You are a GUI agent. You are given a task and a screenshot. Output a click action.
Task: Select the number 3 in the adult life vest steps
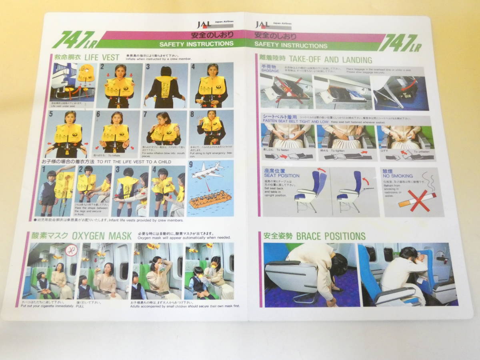pos(148,67)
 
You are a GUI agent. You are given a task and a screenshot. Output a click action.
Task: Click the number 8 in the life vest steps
pos(192,114)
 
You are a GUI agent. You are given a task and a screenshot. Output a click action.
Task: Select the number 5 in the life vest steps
pos(51,114)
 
